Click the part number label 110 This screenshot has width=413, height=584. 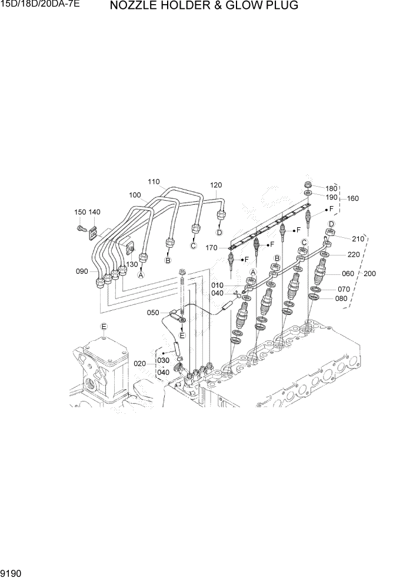[154, 181]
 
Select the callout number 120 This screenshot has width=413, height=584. [216, 185]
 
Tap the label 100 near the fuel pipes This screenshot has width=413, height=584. [134, 194]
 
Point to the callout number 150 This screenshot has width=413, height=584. [80, 212]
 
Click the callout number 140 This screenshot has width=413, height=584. [94, 212]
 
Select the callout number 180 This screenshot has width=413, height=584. [332, 188]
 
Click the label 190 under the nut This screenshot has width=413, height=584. [332, 197]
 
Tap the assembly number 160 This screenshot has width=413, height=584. [352, 198]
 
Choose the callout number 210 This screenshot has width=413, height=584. [358, 238]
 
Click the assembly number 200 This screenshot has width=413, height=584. [369, 274]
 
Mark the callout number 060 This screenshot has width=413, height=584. [348, 273]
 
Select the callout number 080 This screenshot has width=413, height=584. [342, 298]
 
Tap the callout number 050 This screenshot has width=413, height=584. [154, 313]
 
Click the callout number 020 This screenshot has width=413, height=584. [139, 363]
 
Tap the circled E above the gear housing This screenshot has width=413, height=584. [104, 326]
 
